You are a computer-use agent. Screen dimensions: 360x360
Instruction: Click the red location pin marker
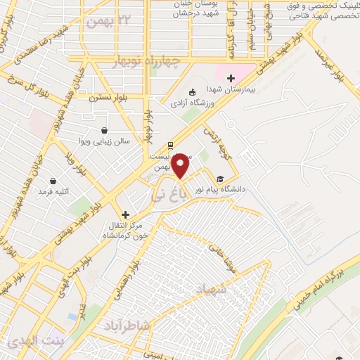181,166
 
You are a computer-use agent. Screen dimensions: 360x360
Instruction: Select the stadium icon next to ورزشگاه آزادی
193,93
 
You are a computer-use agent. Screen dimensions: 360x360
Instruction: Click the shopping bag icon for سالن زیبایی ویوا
105,130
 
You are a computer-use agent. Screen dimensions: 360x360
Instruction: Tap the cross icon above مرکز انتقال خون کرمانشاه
125,214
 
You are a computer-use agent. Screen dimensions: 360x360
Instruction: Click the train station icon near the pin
169,146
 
